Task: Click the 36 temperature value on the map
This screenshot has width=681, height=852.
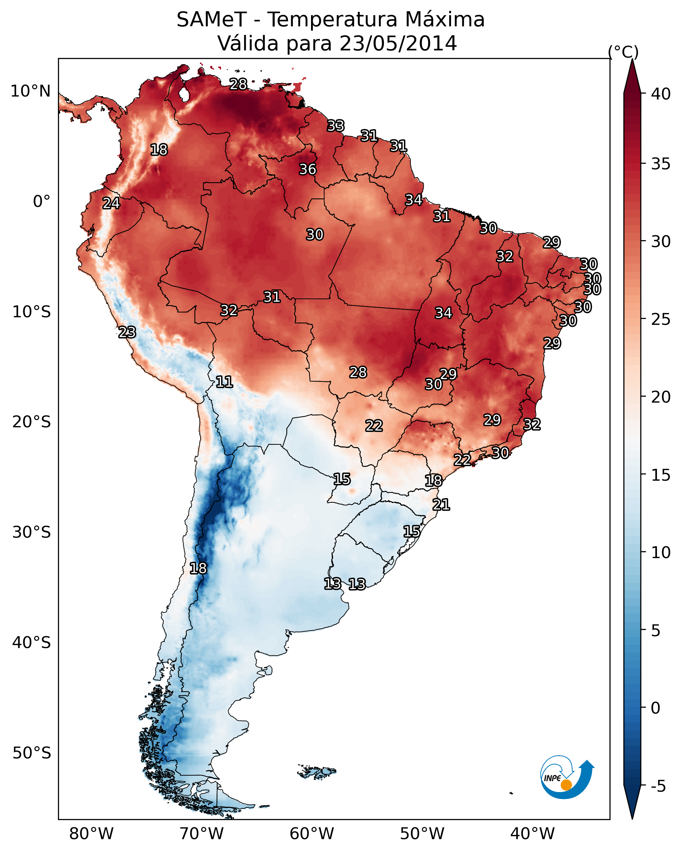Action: [307, 169]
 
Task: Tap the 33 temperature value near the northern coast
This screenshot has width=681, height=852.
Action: [336, 126]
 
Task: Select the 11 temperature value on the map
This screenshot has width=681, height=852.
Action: [224, 382]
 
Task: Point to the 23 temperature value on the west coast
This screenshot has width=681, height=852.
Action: [127, 332]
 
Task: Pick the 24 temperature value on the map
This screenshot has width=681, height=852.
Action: [111, 203]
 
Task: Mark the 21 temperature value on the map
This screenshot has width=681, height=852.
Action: [441, 505]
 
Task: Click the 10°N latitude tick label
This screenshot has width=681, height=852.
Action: [30, 91]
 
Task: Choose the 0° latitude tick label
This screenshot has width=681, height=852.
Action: [42, 202]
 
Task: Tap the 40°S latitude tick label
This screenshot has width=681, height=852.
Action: [31, 642]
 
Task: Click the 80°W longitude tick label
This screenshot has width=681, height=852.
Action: [91, 834]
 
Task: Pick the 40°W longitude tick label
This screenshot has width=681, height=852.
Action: [532, 834]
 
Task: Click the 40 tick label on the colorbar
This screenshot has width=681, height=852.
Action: [661, 94]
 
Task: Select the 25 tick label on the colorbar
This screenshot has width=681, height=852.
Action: [661, 319]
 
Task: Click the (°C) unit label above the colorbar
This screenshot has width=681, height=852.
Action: [623, 52]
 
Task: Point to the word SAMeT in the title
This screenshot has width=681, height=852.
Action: [212, 20]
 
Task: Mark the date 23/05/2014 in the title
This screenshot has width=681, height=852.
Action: [398, 43]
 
